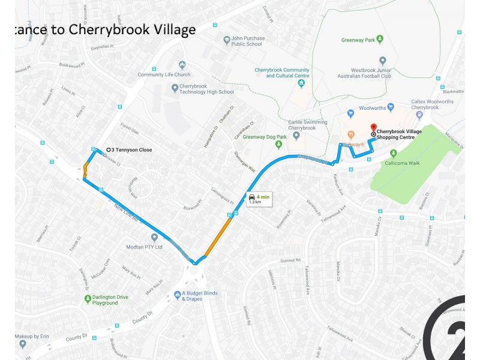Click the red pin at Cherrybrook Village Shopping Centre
[x=373, y=127]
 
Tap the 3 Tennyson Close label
[x=132, y=150]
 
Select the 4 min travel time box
[x=259, y=199]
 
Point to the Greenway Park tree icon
[x=379, y=40]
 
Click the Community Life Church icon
[x=182, y=65]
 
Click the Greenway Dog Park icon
[x=278, y=144]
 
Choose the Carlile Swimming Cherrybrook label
[x=308, y=125]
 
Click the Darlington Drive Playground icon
[x=88, y=298]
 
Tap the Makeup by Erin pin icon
[x=23, y=344]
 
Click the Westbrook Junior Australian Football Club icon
[x=382, y=61]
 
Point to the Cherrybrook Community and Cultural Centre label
[x=282, y=73]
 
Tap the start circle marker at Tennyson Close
[x=108, y=150]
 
